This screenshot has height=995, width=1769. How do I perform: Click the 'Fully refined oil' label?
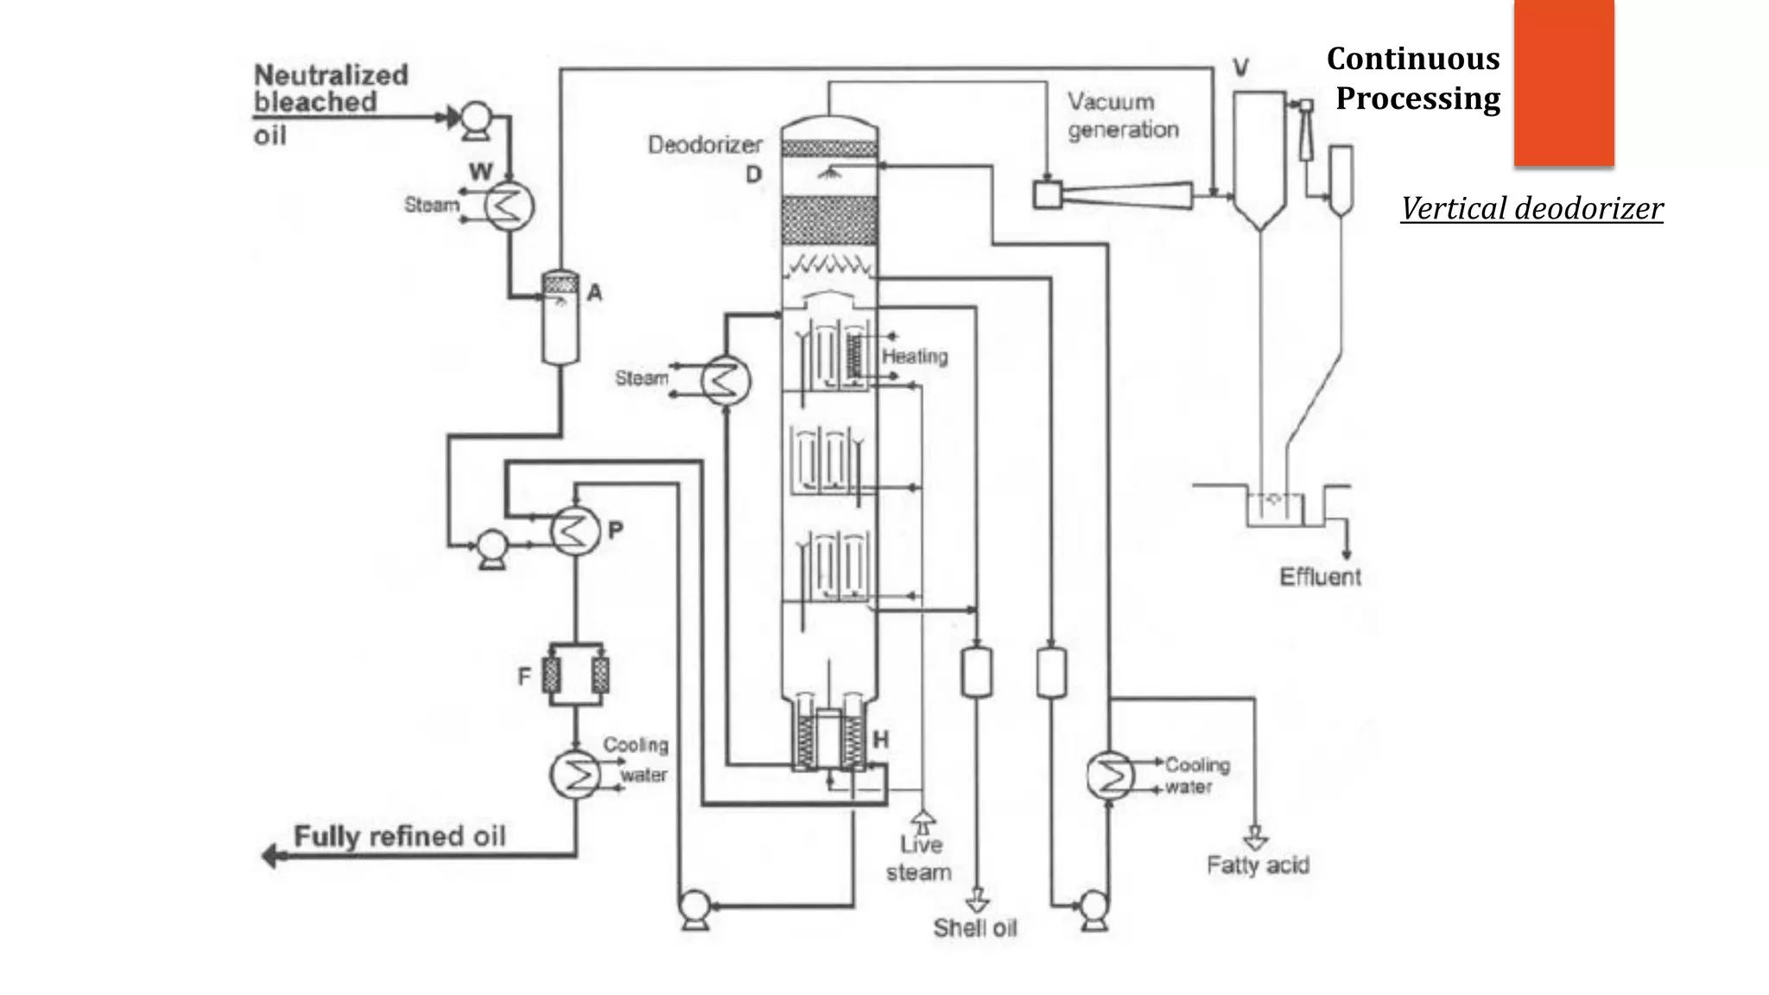399,836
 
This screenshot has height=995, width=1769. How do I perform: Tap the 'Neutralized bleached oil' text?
331,102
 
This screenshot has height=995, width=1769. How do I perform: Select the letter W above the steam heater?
481,171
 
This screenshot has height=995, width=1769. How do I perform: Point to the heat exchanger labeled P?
575,529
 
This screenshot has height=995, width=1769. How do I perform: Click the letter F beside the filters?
524,676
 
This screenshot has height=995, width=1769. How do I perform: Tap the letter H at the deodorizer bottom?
880,739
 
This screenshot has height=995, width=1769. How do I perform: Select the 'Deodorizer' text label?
705,144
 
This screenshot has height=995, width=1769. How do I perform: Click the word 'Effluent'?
1320,577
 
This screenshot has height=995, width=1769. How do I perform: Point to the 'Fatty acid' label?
1258,865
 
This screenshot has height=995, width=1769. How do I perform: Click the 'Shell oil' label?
974,928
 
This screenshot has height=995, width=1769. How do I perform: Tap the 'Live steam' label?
919,858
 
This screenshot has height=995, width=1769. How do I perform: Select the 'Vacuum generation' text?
1122,116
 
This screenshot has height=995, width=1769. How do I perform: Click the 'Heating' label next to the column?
914,356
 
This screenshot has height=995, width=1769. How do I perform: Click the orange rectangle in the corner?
1563,82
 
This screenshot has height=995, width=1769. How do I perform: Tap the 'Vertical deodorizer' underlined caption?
1531,208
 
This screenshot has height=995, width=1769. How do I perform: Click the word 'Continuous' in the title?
1413,59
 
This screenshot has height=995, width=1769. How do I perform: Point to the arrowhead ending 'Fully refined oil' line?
270,856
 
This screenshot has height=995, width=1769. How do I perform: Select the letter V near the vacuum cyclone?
1240,67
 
